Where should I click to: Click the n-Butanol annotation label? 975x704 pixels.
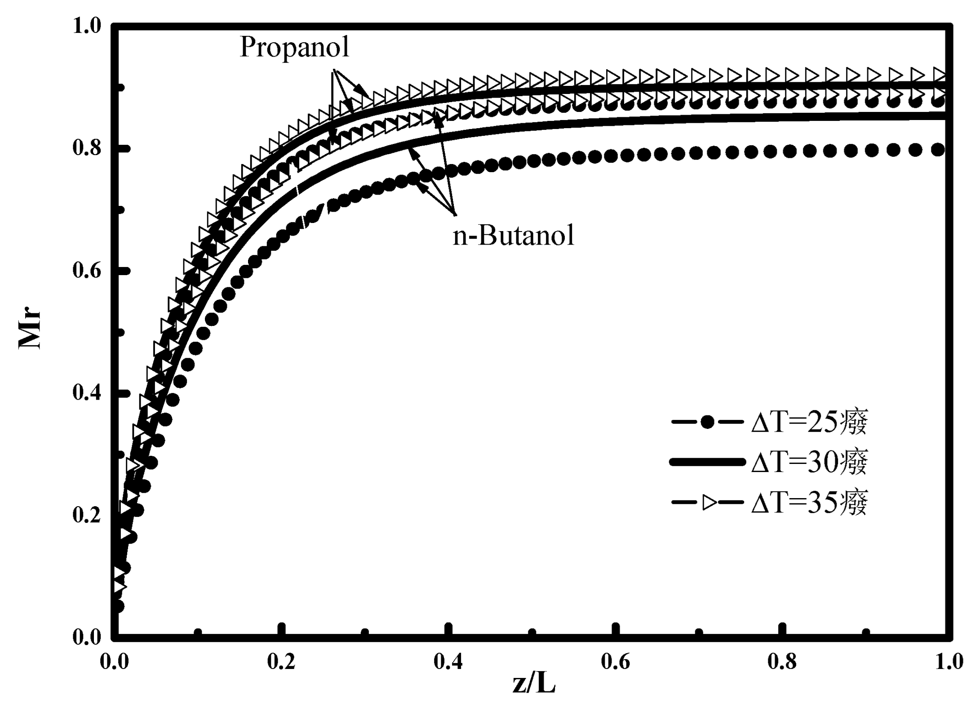(x=513, y=236)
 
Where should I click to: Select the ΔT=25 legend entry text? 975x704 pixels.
(x=809, y=422)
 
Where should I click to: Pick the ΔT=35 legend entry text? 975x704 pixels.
(x=809, y=502)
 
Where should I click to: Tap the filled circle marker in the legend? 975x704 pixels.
(x=707, y=422)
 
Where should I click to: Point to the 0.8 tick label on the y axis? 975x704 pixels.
(x=87, y=148)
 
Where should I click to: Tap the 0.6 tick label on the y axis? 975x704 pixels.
(x=87, y=271)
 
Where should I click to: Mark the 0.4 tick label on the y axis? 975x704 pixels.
(x=87, y=393)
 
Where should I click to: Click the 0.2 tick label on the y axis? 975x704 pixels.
(x=87, y=515)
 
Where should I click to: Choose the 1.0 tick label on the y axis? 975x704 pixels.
(x=87, y=26)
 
